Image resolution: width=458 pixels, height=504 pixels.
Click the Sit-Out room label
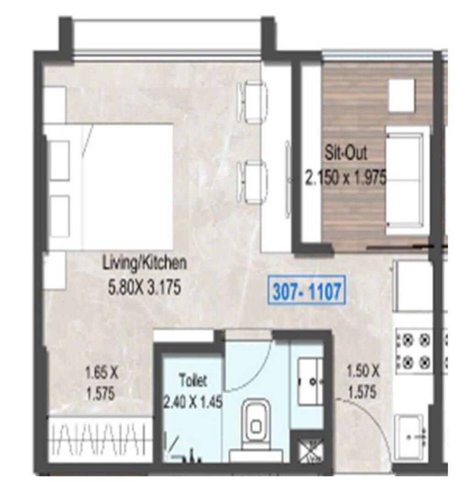pyautogui.click(x=346, y=152)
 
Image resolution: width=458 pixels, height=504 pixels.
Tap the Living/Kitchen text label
pyautogui.click(x=144, y=263)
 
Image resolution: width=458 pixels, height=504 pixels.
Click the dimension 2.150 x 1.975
pyautogui.click(x=346, y=177)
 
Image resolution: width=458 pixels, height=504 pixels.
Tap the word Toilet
pyautogui.click(x=193, y=380)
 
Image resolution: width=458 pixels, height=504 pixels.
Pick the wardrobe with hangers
pyautogui.click(x=100, y=441)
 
